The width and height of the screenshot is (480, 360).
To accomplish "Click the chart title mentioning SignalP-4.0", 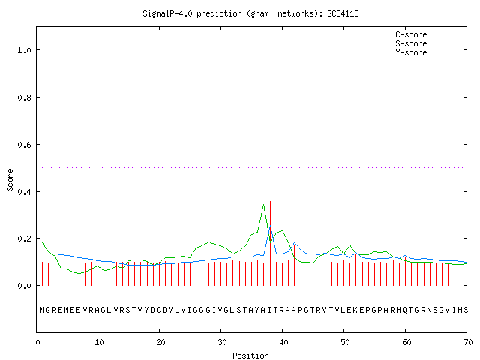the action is click(x=250, y=14).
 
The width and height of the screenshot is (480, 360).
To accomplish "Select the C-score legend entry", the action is click(x=427, y=34).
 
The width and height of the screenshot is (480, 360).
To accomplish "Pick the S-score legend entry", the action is click(x=427, y=43).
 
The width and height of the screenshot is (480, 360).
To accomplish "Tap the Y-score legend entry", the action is click(x=427, y=52).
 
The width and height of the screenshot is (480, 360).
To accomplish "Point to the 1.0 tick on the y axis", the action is click(x=24, y=50).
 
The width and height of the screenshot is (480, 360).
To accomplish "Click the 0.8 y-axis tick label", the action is click(x=24, y=97).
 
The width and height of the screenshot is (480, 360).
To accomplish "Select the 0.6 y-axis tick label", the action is click(x=24, y=145).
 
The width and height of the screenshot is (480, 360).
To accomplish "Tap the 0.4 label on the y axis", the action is click(x=24, y=192).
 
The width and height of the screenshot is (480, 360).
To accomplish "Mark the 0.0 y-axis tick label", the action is click(x=24, y=286).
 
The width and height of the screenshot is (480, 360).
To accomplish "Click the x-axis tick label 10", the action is click(x=99, y=342).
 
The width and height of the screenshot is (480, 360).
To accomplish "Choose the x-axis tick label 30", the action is click(x=222, y=342).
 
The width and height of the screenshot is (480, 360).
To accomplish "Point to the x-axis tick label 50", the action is click(x=345, y=342).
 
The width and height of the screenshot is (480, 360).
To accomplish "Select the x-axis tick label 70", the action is click(x=468, y=342).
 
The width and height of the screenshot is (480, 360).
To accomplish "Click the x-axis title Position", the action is click(x=250, y=355).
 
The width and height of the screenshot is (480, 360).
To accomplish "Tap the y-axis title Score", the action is click(x=10, y=180).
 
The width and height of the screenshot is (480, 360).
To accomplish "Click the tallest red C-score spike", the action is click(x=270, y=243).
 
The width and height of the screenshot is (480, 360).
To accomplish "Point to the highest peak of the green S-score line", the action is click(x=263, y=204).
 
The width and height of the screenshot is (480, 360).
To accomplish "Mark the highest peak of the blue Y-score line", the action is click(x=270, y=226).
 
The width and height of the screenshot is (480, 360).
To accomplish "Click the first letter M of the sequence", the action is click(x=42, y=310).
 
